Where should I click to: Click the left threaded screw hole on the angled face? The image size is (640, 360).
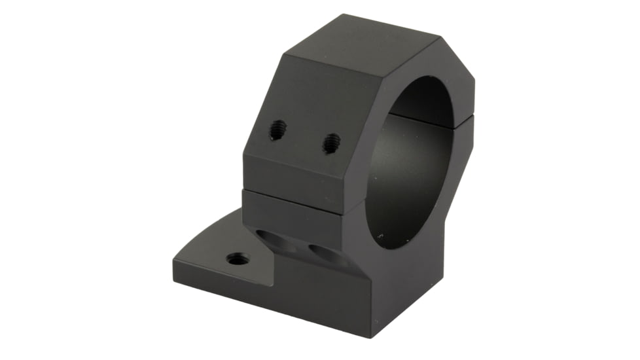point(277,130)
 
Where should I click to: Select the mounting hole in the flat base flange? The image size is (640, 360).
point(238,259)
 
